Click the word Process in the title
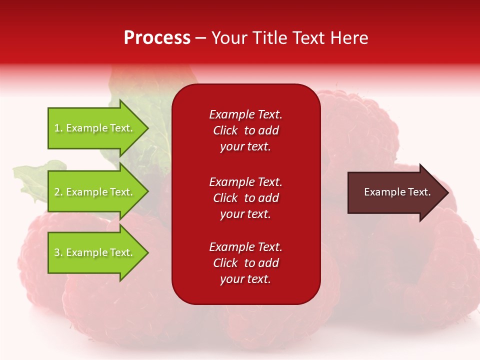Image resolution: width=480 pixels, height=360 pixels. [x=157, y=38]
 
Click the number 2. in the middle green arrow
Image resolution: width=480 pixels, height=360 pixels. [x=58, y=192]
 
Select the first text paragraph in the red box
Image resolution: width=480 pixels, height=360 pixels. [x=245, y=130]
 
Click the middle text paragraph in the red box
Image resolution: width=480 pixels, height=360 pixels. [x=245, y=198]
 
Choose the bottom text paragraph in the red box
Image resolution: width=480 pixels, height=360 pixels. [x=245, y=263]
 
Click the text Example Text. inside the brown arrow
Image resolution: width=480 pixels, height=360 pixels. [x=397, y=192]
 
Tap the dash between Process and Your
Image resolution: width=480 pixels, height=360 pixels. [x=200, y=38]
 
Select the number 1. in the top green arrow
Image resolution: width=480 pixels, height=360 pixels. [x=58, y=128]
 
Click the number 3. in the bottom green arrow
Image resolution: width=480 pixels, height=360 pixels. [x=58, y=252]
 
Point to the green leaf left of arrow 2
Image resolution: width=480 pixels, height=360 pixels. [x=30, y=177]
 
